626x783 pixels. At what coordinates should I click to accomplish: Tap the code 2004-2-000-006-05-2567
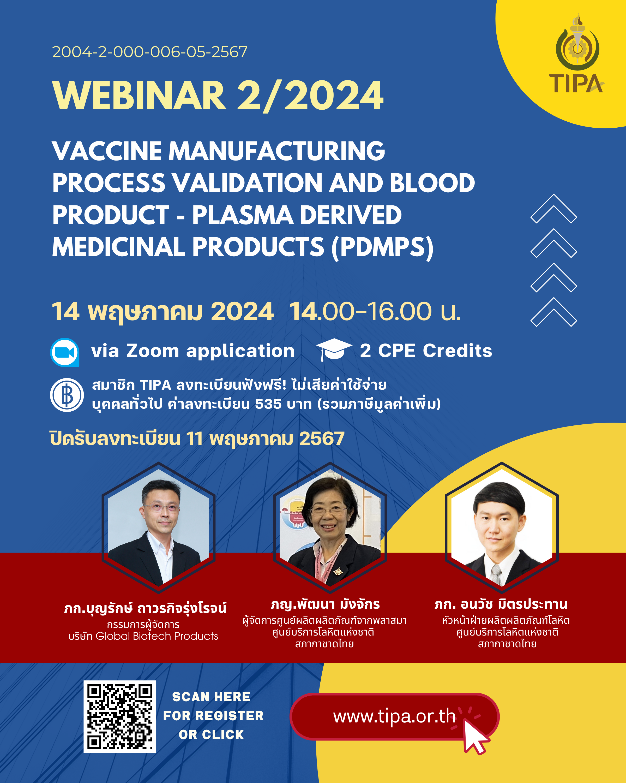click(149, 52)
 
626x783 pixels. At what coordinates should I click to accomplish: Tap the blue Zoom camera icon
click(65, 352)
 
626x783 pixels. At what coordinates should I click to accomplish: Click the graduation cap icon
click(334, 350)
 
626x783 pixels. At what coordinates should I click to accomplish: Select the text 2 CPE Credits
click(426, 351)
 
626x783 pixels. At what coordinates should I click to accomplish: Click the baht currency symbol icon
click(67, 395)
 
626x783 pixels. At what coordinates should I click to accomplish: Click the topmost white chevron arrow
click(554, 209)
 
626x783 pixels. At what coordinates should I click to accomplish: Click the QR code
click(120, 716)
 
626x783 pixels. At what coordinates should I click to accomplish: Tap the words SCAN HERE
click(211, 697)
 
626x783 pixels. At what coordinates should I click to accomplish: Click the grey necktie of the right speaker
click(496, 575)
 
